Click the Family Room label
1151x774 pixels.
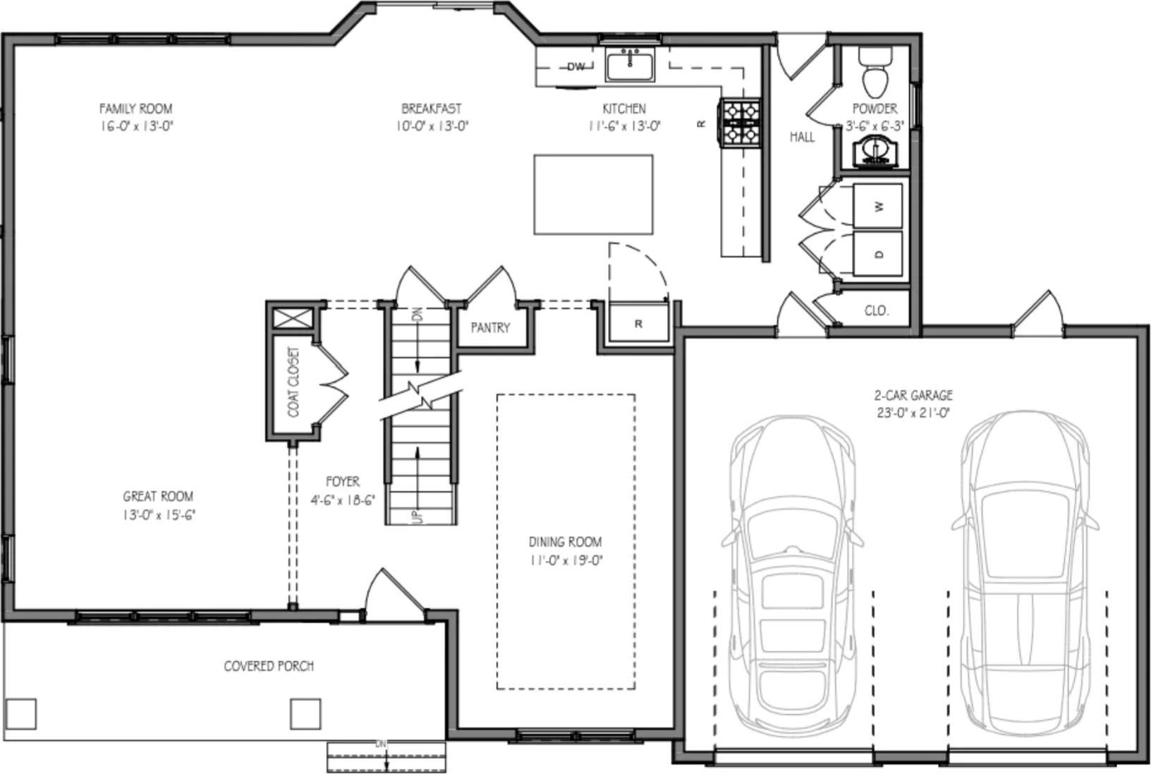click(x=135, y=109)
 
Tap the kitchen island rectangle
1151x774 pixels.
click(x=593, y=195)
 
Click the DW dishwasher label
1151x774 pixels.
click(x=576, y=67)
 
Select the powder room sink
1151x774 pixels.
click(x=875, y=152)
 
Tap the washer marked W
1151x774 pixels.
click(x=878, y=206)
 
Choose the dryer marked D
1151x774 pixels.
click(x=878, y=254)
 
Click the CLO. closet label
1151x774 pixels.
click(x=877, y=310)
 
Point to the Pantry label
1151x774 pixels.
click(x=490, y=327)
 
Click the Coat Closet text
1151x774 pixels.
click(x=294, y=381)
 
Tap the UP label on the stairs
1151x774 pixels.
click(x=416, y=516)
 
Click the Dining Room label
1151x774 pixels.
click(x=565, y=542)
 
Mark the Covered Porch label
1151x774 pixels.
click(x=269, y=666)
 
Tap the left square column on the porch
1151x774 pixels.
click(x=21, y=713)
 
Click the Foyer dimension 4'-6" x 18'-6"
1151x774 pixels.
click(x=343, y=500)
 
